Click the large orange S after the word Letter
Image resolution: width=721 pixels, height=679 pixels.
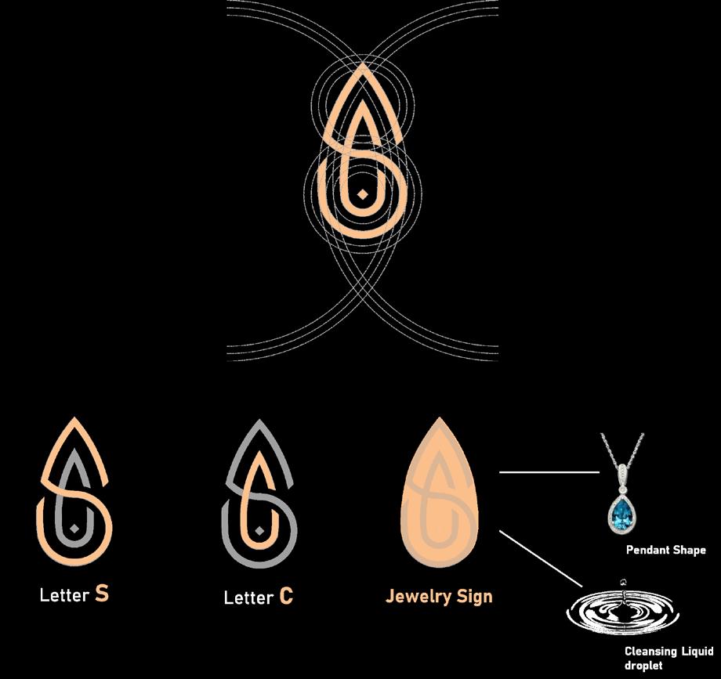coord(101,594)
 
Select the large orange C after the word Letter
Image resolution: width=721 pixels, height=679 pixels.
coord(286,597)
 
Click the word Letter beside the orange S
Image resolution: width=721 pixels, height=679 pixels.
coord(64,595)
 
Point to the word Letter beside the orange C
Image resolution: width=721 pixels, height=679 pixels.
coord(248,598)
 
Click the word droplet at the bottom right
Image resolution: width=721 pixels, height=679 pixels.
coord(643,666)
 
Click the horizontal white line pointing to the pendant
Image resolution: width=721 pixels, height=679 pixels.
coord(549,472)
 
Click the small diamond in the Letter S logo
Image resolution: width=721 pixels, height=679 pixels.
coord(74,530)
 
